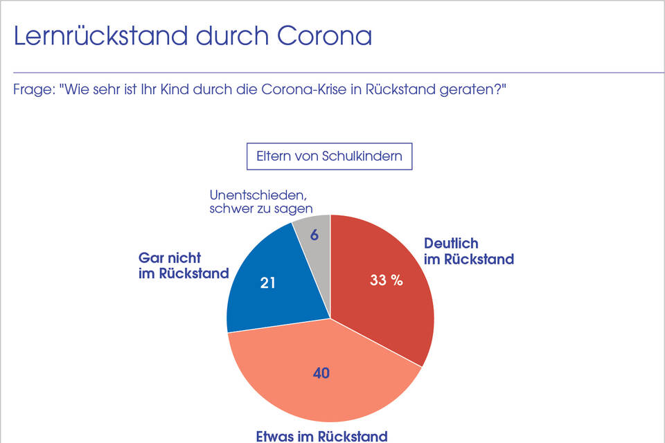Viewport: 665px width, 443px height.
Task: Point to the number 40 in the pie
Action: pyautogui.click(x=321, y=373)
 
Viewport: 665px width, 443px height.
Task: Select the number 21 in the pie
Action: pyautogui.click(x=268, y=283)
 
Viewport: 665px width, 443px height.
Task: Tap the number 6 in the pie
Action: pyautogui.click(x=314, y=235)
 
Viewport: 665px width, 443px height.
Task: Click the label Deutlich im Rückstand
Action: pyautogui.click(x=468, y=251)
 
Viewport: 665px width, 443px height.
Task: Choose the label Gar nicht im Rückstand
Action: pyautogui.click(x=184, y=265)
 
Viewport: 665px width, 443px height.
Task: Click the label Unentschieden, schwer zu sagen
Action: pyautogui.click(x=260, y=201)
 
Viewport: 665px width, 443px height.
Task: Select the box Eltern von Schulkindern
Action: pyautogui.click(x=329, y=156)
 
